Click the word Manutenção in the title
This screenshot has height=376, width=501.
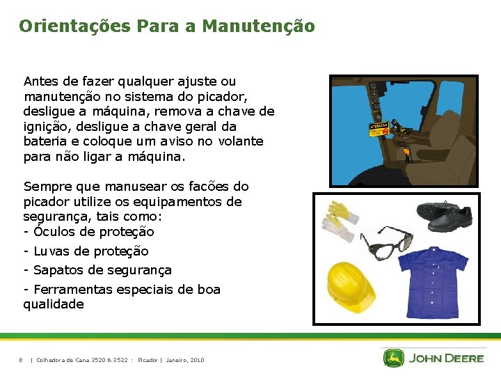[258, 26]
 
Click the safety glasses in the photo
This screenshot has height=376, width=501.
[389, 244]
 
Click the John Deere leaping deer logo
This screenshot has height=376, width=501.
[394, 358]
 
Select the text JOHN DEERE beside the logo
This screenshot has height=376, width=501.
[446, 359]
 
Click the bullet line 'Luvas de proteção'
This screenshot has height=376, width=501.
[86, 251]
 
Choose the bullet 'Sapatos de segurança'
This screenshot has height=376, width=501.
[97, 269]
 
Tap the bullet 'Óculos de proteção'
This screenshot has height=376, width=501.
[88, 232]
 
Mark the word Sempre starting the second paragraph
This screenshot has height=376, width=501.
[46, 187]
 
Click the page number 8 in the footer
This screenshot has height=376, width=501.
[21, 360]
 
